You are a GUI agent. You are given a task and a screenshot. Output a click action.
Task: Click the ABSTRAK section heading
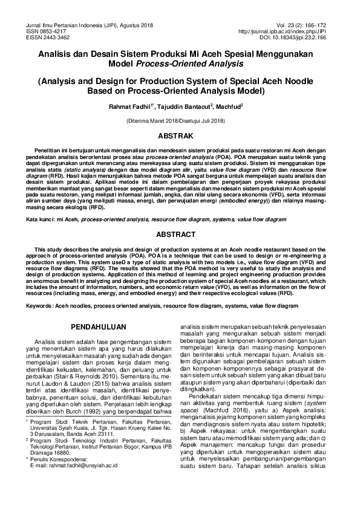(x=180, y=136)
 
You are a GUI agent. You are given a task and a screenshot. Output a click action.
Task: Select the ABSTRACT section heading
(x=180, y=233)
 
